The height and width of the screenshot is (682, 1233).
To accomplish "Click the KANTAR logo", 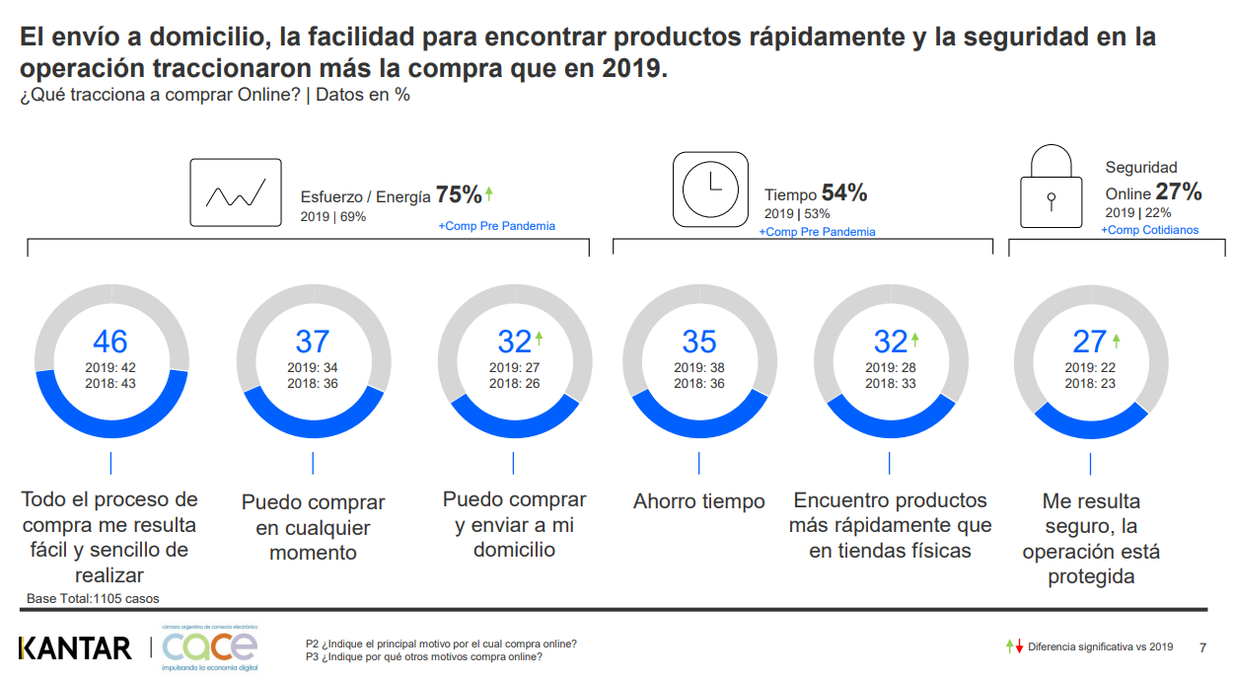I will pos(75,648).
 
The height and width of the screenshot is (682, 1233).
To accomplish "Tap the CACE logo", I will pos(210,647).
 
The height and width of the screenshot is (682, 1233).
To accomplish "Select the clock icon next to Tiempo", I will pos(710,189).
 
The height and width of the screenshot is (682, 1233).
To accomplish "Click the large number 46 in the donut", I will pos(110,341).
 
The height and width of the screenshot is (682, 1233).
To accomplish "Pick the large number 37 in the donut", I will pos(313,341).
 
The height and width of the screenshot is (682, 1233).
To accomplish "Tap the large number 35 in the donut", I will pos(699,341).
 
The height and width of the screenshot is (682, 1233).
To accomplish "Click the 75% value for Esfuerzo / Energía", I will pos(459,194).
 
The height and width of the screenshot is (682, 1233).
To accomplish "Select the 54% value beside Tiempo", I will pos(844,193).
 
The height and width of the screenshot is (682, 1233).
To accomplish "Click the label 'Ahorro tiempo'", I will pos(699,501).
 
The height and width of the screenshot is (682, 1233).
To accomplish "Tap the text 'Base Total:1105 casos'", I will pos(93,598).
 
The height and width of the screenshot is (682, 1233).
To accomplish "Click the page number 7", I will pos(1202,647).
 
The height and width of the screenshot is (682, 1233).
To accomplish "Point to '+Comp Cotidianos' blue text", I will pos(1150,230).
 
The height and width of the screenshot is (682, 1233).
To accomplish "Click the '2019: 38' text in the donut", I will pos(699,368).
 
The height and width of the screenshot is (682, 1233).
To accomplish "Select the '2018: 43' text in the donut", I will pos(110,383).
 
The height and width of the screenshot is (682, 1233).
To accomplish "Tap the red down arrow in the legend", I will pos(1019,646).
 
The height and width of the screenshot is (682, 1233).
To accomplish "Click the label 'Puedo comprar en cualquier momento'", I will pos(313,527).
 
